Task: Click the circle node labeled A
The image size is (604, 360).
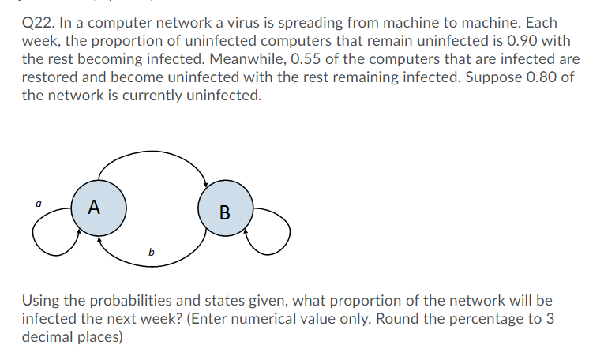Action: pos(95,208)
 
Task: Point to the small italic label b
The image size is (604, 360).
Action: pos(151,252)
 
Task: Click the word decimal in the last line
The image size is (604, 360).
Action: pos(48,337)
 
